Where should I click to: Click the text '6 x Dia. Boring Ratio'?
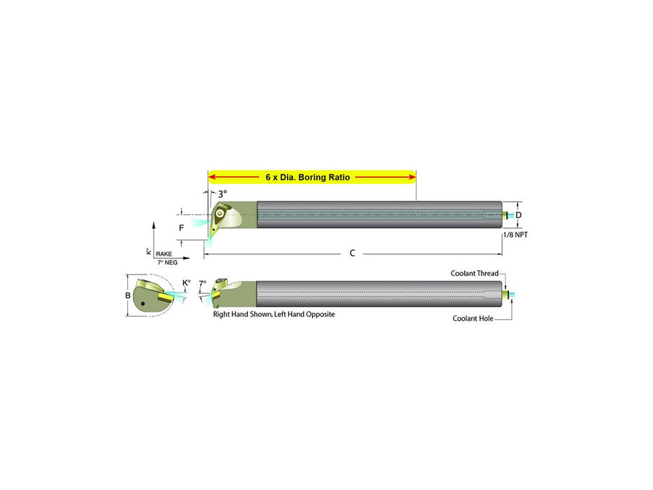(308, 177)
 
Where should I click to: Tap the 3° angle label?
(223, 194)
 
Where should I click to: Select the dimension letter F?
(181, 228)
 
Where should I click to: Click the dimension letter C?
(352, 253)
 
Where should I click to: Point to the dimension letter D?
(519, 215)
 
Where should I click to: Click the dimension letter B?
(128, 295)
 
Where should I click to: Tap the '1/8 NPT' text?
(516, 235)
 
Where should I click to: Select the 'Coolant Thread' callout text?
(475, 273)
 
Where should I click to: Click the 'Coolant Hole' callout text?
(472, 318)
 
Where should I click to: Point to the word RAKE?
(164, 253)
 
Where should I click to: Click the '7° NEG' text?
(167, 262)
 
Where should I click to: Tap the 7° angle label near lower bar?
(202, 283)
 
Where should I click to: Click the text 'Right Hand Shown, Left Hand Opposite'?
(274, 314)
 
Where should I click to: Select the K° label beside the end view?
(187, 283)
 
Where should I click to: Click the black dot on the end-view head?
(143, 303)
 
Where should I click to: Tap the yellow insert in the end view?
(165, 296)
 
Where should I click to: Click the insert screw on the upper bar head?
(220, 213)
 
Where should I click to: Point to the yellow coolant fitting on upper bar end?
(505, 215)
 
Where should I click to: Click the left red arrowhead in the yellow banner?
(212, 177)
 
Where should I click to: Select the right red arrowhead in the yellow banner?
(412, 177)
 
